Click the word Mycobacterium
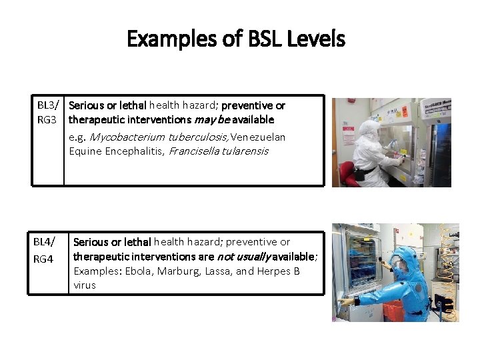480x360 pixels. point(122,137)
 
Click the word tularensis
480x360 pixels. point(246,151)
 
